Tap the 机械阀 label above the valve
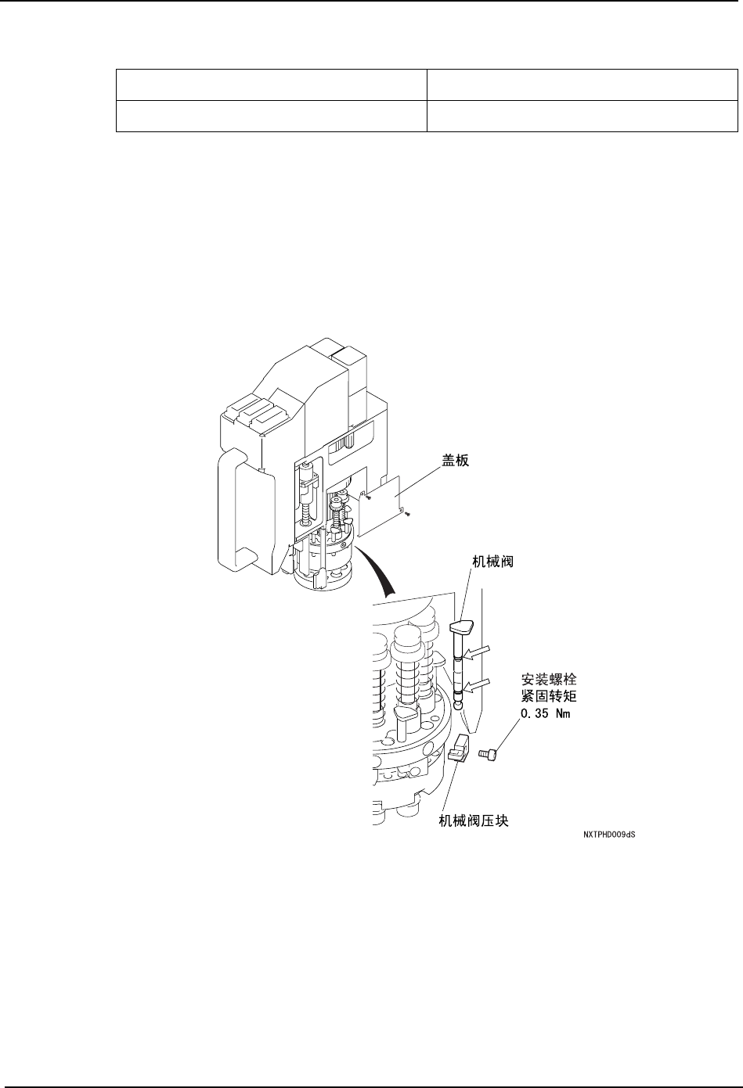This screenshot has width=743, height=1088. (x=492, y=561)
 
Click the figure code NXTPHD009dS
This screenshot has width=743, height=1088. (x=608, y=835)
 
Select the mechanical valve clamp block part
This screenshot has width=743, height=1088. (x=458, y=748)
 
